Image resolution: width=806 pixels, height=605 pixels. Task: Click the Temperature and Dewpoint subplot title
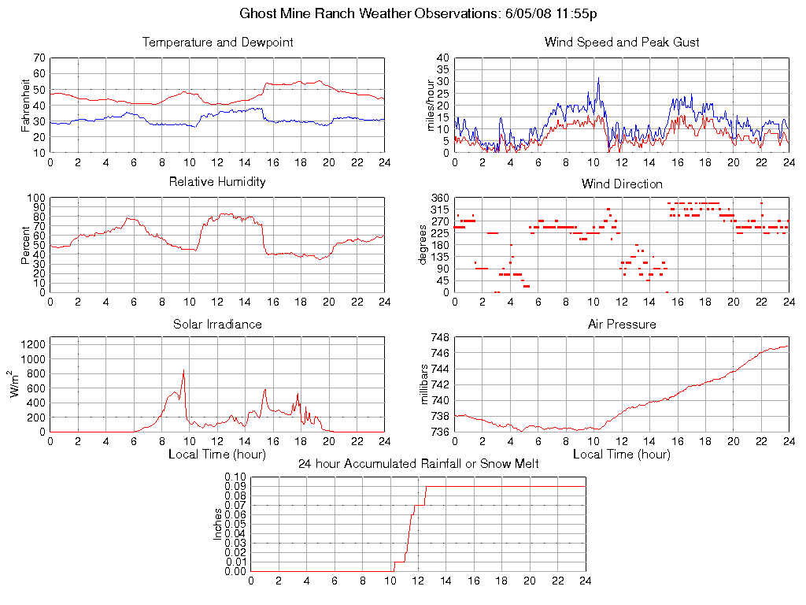pos(217,43)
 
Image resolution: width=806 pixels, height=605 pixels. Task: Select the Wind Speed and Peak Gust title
pos(622,43)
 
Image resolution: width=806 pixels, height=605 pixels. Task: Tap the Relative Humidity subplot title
pos(217,182)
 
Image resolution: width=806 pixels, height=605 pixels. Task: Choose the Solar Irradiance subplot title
pos(217,324)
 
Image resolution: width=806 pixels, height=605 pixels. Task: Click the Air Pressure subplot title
pos(622,324)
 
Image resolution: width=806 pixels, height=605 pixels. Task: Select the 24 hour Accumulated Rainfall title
pos(418,464)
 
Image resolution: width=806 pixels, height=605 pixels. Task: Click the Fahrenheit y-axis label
pos(27,105)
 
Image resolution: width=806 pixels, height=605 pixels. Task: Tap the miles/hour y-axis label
pos(431,105)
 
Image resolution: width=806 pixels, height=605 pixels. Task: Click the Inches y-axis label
pos(217,524)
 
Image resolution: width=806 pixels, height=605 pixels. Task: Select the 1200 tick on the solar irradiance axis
pos(32,343)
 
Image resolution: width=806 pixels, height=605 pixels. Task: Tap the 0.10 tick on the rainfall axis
pos(235,477)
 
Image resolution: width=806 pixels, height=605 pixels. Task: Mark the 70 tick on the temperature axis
pos(39,58)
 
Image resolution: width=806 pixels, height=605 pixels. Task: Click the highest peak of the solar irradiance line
pos(183,370)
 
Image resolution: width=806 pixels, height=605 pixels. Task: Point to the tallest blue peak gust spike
pos(598,78)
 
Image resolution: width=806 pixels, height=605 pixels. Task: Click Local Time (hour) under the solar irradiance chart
pos(217,454)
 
